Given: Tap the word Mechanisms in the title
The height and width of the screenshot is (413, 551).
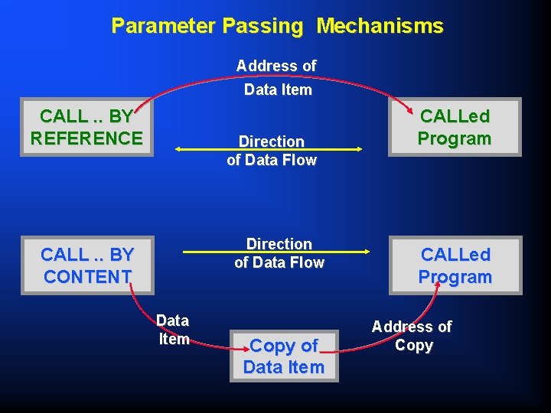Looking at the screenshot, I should click(x=380, y=26).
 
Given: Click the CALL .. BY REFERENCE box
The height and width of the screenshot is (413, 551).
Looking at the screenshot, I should click(x=86, y=127).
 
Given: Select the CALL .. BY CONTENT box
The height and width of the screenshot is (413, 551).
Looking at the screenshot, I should click(x=86, y=265).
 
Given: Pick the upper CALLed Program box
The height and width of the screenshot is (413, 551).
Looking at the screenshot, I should click(x=455, y=127).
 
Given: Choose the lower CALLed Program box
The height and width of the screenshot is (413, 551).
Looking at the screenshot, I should click(x=455, y=265).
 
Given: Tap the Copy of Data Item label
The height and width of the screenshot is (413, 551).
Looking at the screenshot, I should click(x=283, y=356).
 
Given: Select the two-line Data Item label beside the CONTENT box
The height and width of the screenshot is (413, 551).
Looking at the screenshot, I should click(x=173, y=330).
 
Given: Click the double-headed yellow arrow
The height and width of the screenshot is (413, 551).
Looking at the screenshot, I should click(x=268, y=150).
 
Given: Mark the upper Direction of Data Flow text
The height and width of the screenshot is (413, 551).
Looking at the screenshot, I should click(x=272, y=151).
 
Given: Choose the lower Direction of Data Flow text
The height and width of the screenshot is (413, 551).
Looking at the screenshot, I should click(x=279, y=253).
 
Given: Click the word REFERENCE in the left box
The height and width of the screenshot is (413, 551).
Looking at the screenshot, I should click(x=86, y=138).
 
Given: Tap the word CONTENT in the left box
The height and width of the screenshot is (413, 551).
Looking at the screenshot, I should click(x=86, y=276).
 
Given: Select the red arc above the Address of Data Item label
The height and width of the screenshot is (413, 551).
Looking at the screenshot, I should click(x=275, y=51).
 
